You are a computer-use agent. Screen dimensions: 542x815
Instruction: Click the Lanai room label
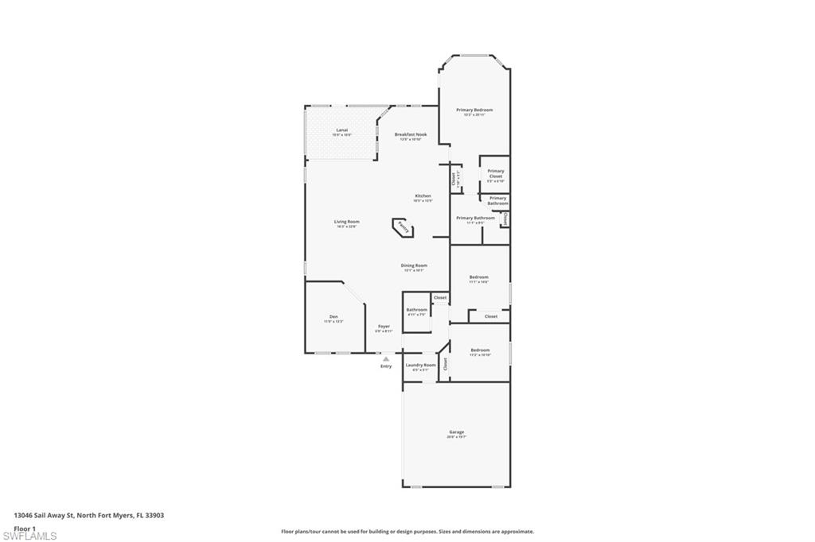tap(341, 130)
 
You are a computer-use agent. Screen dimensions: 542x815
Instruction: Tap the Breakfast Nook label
tap(411, 134)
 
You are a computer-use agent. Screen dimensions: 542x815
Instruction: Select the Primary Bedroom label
tap(474, 110)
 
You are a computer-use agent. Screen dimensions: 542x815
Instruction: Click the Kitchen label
tap(423, 196)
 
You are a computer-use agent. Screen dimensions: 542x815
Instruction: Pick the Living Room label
tap(346, 221)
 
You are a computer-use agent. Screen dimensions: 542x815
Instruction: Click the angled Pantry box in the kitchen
tap(403, 230)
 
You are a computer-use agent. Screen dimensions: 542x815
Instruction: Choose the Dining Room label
tap(414, 265)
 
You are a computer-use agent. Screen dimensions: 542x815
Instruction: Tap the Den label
tap(333, 316)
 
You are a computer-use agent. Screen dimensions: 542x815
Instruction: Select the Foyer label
tap(384, 326)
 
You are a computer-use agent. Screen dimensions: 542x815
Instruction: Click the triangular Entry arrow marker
tap(386, 359)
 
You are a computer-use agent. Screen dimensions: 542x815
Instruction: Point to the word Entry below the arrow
tap(386, 366)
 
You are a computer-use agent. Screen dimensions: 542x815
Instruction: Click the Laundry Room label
tap(420, 365)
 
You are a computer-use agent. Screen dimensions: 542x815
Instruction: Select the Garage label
tap(456, 432)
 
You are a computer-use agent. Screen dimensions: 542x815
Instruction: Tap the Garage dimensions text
tap(456, 437)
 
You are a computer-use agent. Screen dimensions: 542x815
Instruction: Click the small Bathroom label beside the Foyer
tap(417, 309)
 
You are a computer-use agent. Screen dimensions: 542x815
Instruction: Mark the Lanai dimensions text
tap(341, 135)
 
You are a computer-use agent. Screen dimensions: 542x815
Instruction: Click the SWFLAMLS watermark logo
tap(29, 536)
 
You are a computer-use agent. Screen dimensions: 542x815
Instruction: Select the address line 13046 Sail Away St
tap(88, 515)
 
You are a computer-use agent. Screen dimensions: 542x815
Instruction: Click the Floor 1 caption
tap(24, 527)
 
